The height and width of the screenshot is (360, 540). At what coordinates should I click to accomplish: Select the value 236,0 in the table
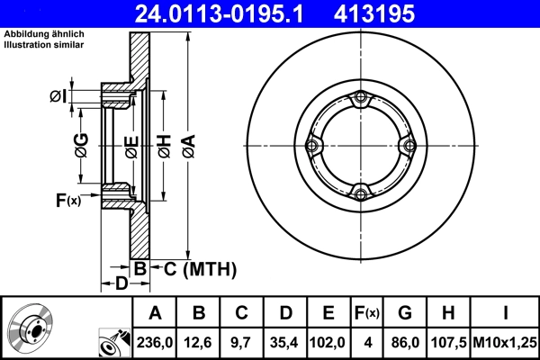click(155, 343)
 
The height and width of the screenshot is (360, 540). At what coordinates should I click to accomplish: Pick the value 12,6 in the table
click(199, 343)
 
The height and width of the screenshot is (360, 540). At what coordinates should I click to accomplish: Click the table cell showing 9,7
click(242, 343)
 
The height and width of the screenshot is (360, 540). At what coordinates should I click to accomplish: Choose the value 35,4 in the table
click(285, 343)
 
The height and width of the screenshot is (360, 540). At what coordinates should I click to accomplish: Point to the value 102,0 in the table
click(328, 343)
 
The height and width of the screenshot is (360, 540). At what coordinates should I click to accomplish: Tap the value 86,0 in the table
click(406, 343)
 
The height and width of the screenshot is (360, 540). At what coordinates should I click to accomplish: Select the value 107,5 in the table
click(448, 343)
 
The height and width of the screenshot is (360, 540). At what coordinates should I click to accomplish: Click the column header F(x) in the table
click(366, 313)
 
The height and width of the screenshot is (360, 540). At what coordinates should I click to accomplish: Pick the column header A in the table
click(155, 313)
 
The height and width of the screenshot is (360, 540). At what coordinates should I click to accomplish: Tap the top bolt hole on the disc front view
click(361, 98)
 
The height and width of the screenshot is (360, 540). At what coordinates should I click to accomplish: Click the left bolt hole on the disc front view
click(312, 146)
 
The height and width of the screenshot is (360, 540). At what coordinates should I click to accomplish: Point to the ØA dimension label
click(187, 146)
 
